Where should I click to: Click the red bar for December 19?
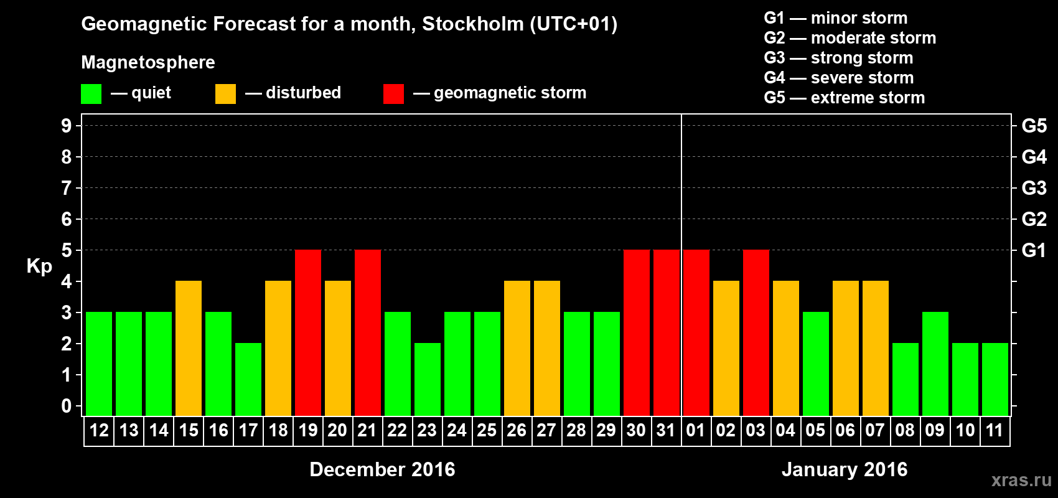click(308, 333)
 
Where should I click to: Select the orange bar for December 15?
click(189, 349)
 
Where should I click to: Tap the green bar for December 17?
click(248, 380)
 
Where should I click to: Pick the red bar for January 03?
click(756, 333)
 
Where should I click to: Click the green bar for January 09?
click(935, 364)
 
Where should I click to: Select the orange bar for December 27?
click(547, 349)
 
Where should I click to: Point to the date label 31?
click(666, 431)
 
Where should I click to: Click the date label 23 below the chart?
click(427, 431)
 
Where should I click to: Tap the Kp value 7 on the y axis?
click(67, 188)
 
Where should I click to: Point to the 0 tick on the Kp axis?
click(67, 406)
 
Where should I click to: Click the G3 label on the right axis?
click(1034, 188)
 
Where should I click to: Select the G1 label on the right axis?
click(1034, 250)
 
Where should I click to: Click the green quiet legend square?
click(91, 94)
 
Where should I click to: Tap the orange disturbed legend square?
click(225, 94)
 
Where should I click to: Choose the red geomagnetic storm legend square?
click(393, 94)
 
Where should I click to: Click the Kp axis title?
click(39, 266)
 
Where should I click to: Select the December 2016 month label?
click(382, 469)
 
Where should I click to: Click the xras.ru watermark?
click(1021, 480)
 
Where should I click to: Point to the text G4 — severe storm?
click(838, 78)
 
